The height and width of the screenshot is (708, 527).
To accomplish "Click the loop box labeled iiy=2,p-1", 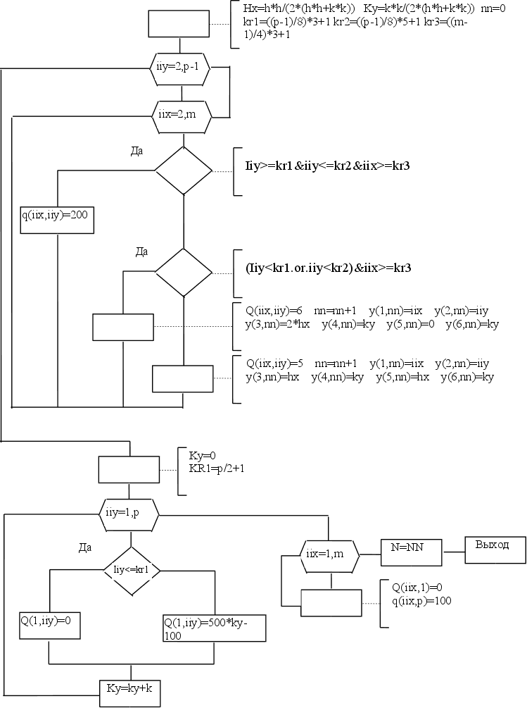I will (x=182, y=68).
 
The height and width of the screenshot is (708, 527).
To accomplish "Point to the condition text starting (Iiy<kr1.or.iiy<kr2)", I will (x=328, y=268).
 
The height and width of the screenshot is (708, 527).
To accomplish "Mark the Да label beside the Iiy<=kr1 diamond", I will (x=85, y=546).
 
